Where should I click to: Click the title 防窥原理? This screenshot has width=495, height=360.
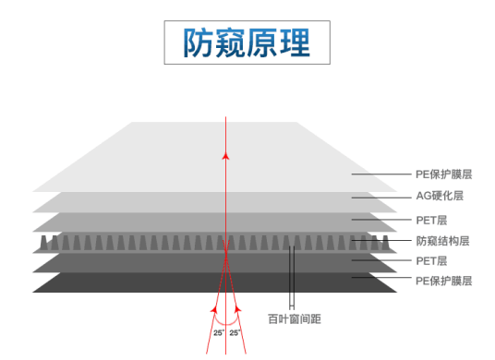point(247,42)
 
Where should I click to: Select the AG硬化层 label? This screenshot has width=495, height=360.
point(440,196)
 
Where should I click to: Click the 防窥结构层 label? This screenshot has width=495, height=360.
point(443,240)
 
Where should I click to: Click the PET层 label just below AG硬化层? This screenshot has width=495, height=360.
point(431,219)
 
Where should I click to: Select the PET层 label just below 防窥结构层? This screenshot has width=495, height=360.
point(431,260)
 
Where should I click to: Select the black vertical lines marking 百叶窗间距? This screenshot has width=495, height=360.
point(292,277)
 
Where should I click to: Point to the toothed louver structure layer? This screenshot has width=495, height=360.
point(139,244)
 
